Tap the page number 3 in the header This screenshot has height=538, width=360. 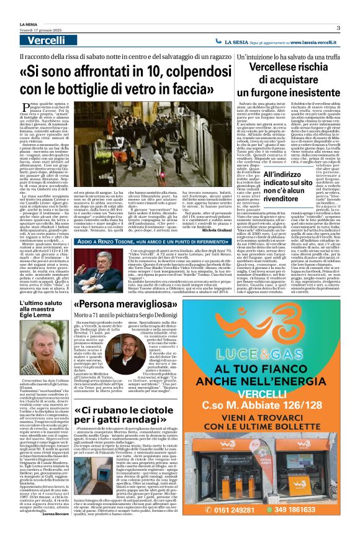coord(338,27)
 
